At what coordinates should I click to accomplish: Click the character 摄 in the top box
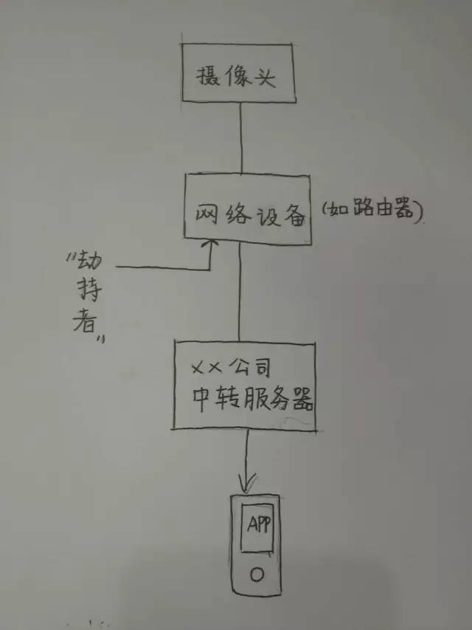[208, 78]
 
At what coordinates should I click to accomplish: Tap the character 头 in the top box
[263, 77]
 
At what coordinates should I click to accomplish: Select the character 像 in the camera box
[235, 77]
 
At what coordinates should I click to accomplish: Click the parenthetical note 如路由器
[371, 213]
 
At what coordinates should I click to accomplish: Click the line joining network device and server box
[240, 292]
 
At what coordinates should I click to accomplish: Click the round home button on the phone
[256, 573]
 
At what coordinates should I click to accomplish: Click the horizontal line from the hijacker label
[162, 267]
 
